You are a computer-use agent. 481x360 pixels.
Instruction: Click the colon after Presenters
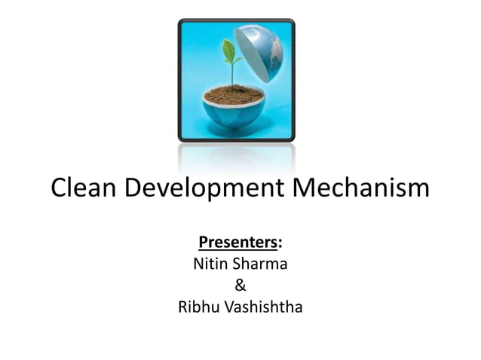coord(280,244)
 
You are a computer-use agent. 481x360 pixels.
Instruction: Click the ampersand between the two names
coord(240,285)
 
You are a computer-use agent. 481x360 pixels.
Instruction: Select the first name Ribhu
coord(197,307)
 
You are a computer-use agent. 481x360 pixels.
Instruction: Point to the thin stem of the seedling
coord(232,75)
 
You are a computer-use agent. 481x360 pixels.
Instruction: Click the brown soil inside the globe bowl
coord(234,95)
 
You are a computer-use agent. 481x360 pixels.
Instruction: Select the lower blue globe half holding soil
coord(234,113)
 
